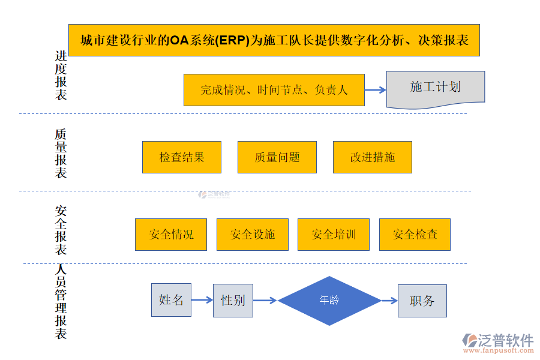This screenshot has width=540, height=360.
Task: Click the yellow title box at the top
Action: [274, 40]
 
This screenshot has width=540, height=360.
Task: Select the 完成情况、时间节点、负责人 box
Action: [274, 90]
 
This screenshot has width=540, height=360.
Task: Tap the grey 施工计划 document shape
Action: [435, 88]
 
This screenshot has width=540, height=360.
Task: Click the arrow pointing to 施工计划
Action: [375, 90]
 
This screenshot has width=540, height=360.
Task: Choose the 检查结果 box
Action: [182, 157]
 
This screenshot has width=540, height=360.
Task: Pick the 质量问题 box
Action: [277, 157]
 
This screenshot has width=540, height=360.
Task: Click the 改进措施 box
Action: [373, 157]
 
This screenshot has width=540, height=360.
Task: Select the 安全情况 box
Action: [171, 234]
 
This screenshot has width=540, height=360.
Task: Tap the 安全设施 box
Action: [252, 234]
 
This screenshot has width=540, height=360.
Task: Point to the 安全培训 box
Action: [334, 234]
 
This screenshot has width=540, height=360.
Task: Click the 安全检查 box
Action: [415, 234]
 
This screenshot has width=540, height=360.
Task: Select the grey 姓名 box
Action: [171, 300]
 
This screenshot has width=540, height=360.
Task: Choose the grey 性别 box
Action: [233, 300]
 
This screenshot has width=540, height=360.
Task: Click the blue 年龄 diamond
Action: [329, 301]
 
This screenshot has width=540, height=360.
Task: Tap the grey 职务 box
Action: [422, 301]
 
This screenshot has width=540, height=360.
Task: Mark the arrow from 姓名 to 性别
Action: [202, 300]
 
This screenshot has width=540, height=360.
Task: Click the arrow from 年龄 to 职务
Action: [389, 301]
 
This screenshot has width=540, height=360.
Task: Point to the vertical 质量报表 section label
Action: [61, 153]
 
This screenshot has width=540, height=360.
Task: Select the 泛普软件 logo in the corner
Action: [498, 343]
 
